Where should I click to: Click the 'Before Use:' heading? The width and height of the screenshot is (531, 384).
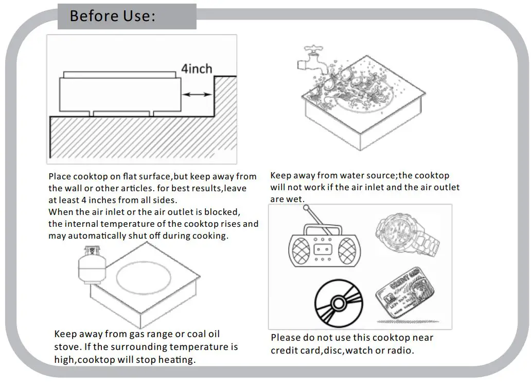coord(112,16)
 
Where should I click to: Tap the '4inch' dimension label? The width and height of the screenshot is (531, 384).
coord(196,69)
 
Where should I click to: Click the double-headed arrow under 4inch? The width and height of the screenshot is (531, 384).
coord(197,94)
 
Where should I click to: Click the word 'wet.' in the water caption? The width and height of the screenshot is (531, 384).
coord(295,199)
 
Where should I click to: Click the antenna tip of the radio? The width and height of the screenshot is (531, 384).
coord(306,208)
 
